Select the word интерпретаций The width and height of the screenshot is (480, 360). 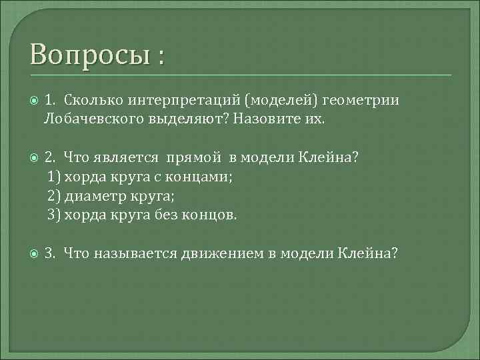(x=179, y=100)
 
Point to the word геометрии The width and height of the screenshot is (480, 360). (x=361, y=100)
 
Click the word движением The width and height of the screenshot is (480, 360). (x=222, y=253)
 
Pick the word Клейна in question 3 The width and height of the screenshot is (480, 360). (x=367, y=253)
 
